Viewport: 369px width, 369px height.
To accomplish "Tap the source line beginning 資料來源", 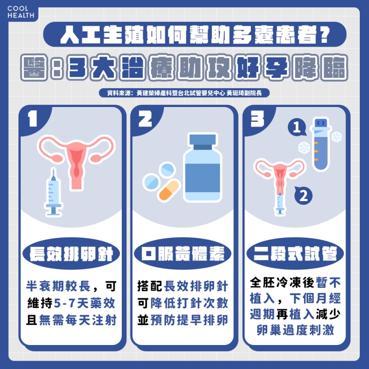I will pos(184,93).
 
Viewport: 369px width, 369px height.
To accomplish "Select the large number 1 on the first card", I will pos(33,119).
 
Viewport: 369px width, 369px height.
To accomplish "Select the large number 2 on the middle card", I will pos(145,119).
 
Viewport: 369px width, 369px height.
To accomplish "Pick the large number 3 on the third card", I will pos(256,119).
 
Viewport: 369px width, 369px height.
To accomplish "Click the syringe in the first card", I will pos(54,192).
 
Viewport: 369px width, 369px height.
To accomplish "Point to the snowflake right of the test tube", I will pos(336,137).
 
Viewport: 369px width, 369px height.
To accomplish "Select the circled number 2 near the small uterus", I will pos(303,196).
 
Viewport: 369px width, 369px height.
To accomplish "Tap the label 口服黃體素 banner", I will pos(184,254).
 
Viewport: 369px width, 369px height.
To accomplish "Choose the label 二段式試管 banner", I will pos(295,254).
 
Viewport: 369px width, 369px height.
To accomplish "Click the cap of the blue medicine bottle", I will pos(202,140).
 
